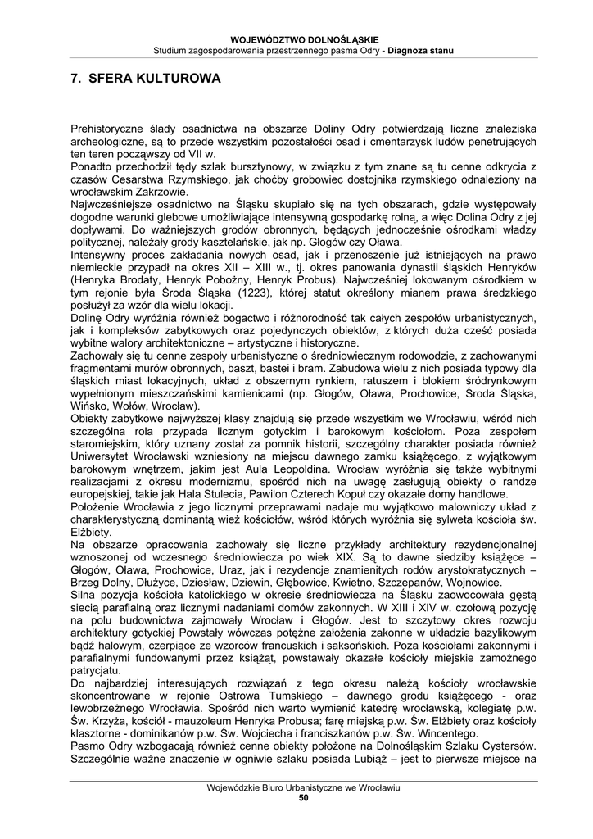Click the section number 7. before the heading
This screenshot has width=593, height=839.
pyautogui.click(x=75, y=80)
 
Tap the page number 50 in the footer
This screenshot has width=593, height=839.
pyautogui.click(x=303, y=798)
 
